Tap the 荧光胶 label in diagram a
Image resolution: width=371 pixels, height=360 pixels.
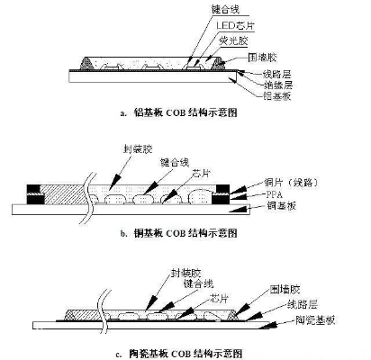click(x=231, y=42)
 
